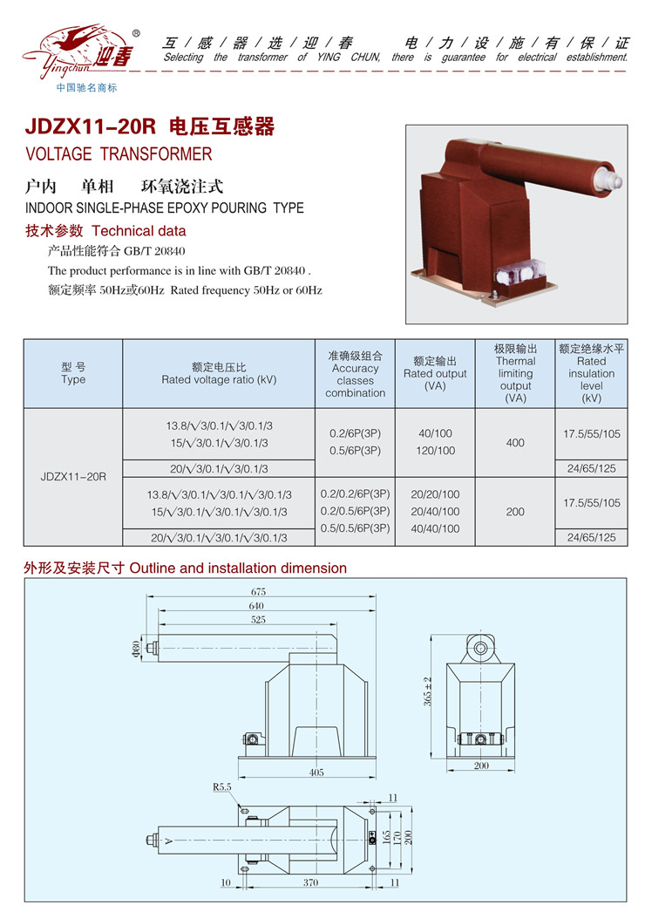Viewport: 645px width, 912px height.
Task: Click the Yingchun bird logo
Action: (x=78, y=52)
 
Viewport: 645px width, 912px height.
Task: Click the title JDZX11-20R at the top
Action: (x=91, y=126)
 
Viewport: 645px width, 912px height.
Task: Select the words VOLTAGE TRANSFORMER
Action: (x=119, y=154)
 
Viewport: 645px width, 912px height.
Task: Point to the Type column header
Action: (x=73, y=373)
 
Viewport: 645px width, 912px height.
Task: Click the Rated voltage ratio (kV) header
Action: (x=219, y=373)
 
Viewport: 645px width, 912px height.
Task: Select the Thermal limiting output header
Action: (x=515, y=373)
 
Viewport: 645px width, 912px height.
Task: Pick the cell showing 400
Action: (x=515, y=443)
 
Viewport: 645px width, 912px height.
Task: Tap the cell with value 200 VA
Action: (x=515, y=512)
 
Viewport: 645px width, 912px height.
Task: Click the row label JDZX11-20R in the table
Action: (x=73, y=477)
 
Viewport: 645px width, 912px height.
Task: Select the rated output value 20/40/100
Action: (x=435, y=511)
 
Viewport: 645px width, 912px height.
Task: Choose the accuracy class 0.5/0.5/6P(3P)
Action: (x=355, y=528)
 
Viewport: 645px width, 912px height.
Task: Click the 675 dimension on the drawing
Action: (x=258, y=591)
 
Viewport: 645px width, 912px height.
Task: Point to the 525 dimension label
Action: (x=258, y=619)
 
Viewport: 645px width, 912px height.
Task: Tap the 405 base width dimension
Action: (x=316, y=772)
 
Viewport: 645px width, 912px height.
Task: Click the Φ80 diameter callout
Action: (x=136, y=649)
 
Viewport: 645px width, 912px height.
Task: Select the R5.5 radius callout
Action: (x=221, y=787)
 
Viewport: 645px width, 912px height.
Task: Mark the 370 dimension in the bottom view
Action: (x=310, y=882)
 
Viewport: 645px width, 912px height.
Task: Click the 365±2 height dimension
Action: (x=427, y=691)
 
